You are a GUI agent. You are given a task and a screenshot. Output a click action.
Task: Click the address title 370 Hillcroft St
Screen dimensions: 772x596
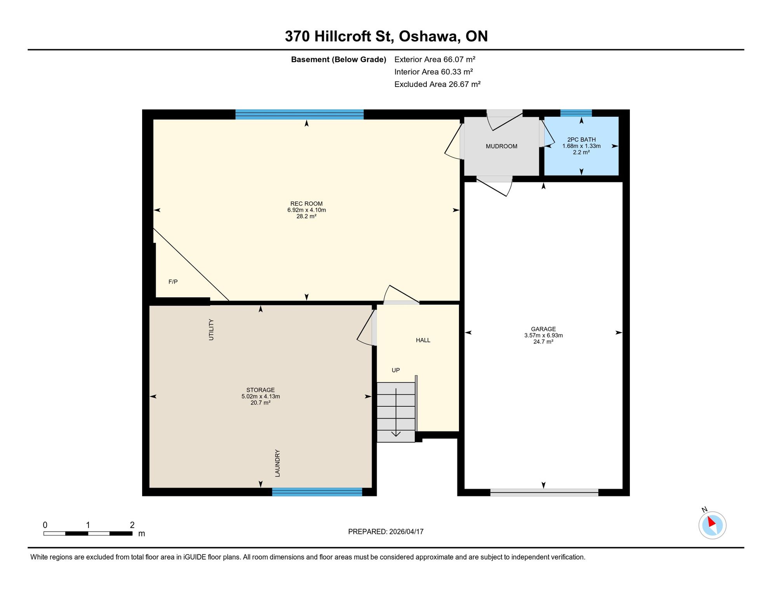coord(339,36)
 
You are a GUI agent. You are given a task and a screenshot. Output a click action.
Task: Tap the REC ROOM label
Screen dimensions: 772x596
coord(306,204)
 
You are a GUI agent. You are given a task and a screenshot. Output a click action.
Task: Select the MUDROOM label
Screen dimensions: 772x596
coord(501,146)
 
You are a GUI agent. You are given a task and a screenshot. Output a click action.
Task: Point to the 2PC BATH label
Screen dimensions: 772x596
coord(581,140)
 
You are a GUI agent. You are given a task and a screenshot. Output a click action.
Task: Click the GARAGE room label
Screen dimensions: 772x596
coord(543,329)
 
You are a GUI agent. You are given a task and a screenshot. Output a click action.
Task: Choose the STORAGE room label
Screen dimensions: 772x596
coord(260,390)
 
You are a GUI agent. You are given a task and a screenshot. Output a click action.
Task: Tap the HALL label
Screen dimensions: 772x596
coord(423,340)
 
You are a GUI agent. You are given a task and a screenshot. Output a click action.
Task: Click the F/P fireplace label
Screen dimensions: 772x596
coord(173,282)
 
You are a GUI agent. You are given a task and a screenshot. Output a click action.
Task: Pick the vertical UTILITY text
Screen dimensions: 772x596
coord(211,330)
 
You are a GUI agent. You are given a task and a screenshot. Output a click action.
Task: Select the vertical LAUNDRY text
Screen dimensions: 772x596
coord(277,463)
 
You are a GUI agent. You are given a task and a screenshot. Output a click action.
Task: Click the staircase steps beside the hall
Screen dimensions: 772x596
coord(396,412)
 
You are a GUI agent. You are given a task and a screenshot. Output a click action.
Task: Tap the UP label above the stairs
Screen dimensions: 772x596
coord(396,370)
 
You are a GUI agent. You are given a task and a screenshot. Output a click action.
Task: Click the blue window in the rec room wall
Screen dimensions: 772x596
coord(299,114)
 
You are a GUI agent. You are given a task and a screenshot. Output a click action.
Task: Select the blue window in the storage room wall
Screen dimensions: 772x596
coord(317,492)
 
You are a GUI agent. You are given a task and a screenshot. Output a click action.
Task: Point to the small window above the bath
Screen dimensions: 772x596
coord(576,113)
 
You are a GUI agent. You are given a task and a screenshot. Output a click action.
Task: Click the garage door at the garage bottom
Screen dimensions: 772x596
coord(544,492)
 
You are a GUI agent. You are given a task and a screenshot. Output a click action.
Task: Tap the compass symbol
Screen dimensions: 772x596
coord(712,525)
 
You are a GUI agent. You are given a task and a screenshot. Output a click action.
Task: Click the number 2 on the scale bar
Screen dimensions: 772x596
coord(132,525)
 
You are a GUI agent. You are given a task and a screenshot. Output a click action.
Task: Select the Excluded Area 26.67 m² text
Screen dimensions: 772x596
coord(437,84)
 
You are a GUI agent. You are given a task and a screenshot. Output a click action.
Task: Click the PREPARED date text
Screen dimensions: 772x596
coord(386,532)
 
